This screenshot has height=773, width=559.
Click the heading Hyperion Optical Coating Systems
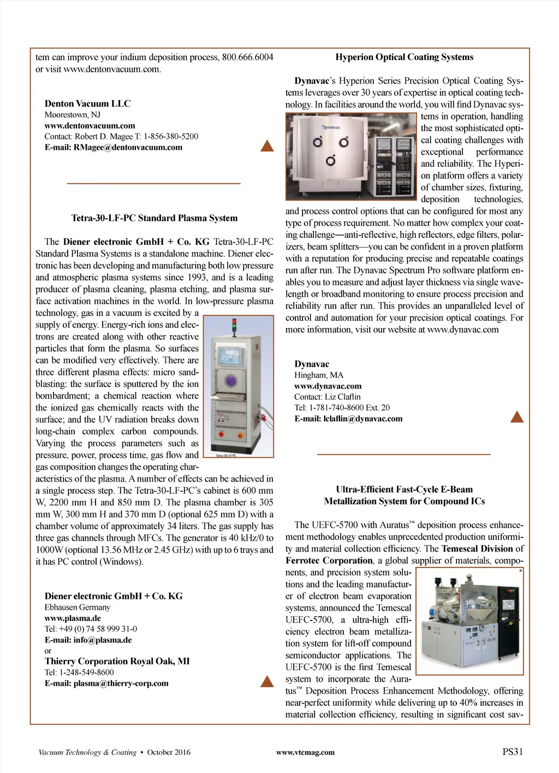(x=404, y=57)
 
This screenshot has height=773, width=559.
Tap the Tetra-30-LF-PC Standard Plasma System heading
(x=154, y=218)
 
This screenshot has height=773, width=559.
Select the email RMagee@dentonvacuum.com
(x=128, y=147)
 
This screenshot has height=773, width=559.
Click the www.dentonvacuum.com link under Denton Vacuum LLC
(x=90, y=125)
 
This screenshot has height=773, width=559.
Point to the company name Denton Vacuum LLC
(x=87, y=103)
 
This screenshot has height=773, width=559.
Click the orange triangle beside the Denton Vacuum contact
(x=267, y=146)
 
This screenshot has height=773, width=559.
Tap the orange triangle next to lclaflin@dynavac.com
(x=516, y=418)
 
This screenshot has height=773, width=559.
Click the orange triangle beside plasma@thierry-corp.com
(x=267, y=681)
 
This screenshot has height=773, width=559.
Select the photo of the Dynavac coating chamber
(x=351, y=156)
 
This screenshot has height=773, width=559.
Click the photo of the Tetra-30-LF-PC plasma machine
(x=238, y=386)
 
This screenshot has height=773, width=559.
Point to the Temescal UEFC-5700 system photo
(x=469, y=621)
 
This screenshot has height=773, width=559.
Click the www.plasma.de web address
(x=73, y=618)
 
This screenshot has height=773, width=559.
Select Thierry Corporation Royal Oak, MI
(x=117, y=661)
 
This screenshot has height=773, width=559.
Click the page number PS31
(x=512, y=752)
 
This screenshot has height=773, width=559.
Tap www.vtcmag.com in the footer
(x=305, y=752)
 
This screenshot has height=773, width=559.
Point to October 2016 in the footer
(x=169, y=752)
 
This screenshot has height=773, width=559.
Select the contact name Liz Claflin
(x=342, y=397)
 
